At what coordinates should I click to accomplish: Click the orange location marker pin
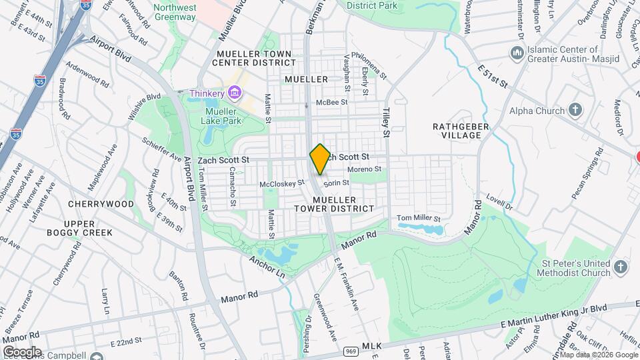(320, 159)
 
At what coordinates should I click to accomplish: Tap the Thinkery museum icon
(233, 93)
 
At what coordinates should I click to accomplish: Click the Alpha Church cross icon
(576, 111)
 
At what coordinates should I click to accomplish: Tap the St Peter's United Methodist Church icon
(621, 267)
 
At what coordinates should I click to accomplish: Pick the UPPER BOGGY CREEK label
(79, 228)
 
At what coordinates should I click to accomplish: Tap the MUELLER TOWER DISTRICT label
(334, 204)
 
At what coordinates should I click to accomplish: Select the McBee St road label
(332, 102)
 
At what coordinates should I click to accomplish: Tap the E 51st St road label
(493, 76)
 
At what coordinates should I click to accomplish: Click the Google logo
(22, 351)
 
